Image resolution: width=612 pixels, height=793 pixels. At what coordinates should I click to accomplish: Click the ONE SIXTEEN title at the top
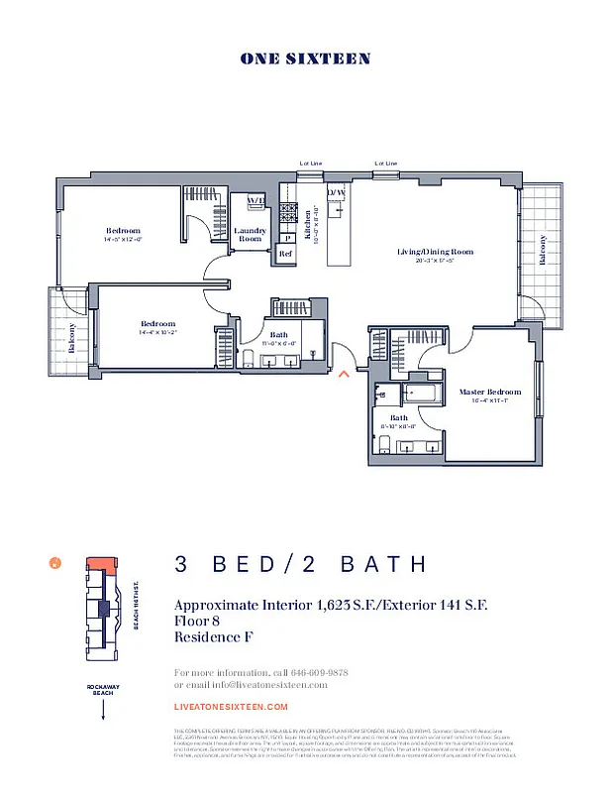tap(305, 58)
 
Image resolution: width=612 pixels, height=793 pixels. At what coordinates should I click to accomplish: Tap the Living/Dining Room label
tap(435, 252)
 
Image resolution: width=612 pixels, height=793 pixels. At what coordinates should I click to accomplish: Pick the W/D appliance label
tap(255, 201)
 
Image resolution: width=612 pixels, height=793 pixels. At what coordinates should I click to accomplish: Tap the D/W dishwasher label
tap(337, 192)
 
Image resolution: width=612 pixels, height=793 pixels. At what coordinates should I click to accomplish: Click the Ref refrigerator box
tap(285, 254)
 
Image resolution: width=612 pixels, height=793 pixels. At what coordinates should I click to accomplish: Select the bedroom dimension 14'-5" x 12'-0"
tap(124, 239)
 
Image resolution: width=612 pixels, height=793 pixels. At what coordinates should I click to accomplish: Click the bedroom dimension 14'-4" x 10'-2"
tap(158, 333)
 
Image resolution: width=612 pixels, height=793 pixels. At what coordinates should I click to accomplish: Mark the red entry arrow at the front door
tap(344, 375)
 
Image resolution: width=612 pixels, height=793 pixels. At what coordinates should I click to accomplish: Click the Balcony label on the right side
tap(542, 249)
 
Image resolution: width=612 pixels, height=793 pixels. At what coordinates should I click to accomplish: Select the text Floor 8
tap(196, 621)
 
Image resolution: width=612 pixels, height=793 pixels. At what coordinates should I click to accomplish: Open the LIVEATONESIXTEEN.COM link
tap(231, 707)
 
